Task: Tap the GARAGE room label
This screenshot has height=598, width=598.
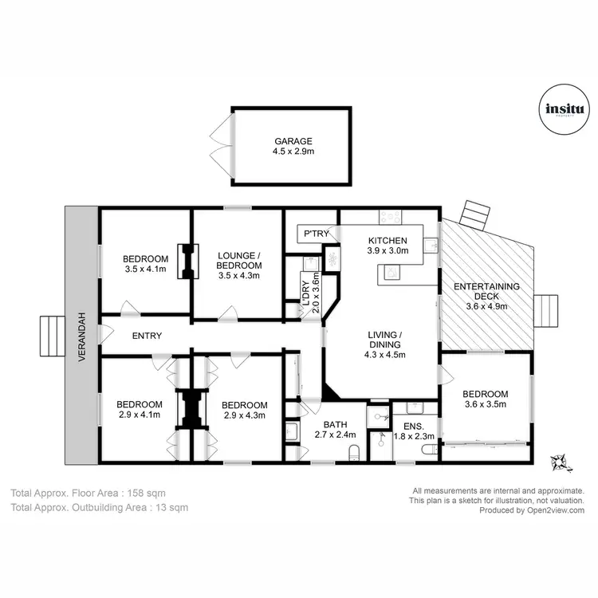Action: click(x=290, y=141)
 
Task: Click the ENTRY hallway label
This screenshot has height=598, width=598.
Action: click(x=147, y=336)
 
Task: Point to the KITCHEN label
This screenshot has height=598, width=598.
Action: click(x=388, y=240)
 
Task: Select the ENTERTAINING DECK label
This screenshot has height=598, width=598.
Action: click(x=486, y=287)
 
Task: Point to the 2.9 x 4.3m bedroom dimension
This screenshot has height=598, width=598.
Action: click(x=245, y=415)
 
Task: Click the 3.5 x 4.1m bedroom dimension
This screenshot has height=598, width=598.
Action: click(x=145, y=269)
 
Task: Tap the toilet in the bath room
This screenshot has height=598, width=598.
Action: click(x=354, y=454)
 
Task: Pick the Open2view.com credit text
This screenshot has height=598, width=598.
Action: click(x=532, y=510)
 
